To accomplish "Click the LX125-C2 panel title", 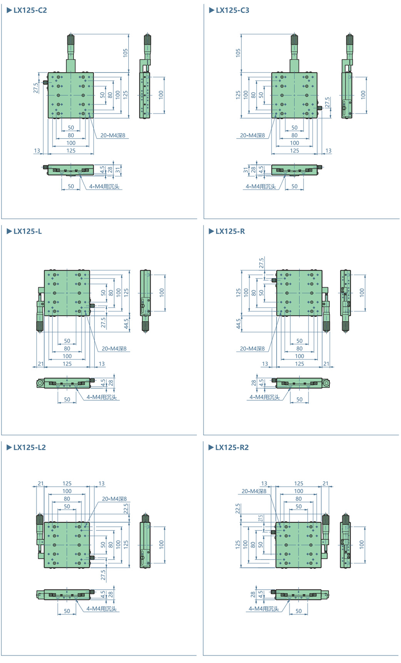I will pos(30,10).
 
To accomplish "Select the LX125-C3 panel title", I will pos(232,10).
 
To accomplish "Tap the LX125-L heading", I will pos(27,232).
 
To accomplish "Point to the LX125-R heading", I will pos(230,232).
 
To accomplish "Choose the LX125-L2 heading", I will pos(29,448).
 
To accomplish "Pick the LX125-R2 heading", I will pos(232,448).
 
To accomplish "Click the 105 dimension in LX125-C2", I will pos(126,53).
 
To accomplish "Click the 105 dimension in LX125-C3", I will pos(238,52).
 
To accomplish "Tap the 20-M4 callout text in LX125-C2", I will pos(113,135).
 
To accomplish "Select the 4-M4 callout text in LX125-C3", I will pos(261,187).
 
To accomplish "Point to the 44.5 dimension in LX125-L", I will pos(126,323).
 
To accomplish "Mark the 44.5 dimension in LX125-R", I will pos(239,324).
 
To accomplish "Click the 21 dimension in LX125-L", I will pos(41,364).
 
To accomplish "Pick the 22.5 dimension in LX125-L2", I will pos(126,509).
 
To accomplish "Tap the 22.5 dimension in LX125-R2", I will pos(238,509).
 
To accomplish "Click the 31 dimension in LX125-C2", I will pos(118,169).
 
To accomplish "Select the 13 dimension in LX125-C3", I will pos(328,151).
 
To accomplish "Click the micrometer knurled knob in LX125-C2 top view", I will pos(71,40).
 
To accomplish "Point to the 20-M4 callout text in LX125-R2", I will pos(254,491).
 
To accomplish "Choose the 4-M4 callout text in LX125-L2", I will pos(101,609).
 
